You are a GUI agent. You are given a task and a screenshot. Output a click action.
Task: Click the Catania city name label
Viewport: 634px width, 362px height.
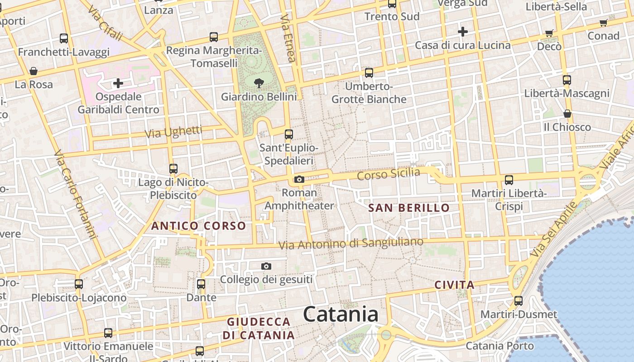point(341,314)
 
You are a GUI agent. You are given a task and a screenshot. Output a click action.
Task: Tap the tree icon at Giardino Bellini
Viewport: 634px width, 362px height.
point(259,83)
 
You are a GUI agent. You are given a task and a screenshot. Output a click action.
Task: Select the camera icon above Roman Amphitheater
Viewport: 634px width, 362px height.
point(299,180)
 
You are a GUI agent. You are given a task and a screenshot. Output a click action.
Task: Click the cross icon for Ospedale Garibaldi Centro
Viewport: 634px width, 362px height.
point(118,83)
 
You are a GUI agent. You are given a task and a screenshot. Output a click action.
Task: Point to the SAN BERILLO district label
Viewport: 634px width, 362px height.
point(409,208)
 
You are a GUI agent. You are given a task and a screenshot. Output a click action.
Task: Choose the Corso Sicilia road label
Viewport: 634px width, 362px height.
point(389,174)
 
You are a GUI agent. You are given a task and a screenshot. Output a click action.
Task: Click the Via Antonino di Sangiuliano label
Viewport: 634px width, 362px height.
point(351,243)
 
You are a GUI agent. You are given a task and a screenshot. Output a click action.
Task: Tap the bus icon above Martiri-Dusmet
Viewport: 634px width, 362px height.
point(519,300)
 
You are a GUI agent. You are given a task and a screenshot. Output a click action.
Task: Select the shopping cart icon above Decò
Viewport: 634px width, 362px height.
point(549,33)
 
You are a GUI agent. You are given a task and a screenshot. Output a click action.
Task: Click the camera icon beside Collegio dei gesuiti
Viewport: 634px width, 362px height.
point(266,266)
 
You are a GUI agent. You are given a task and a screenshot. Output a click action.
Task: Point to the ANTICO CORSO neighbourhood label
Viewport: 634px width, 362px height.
point(199,226)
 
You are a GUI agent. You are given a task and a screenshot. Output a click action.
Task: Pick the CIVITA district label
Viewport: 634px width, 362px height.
point(455,285)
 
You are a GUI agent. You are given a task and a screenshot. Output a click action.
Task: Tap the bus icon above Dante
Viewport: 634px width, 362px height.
point(201,284)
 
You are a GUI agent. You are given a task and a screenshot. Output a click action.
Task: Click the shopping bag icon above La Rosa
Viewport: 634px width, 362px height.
point(34,71)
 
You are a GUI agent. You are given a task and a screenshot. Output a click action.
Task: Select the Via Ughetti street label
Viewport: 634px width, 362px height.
point(173,132)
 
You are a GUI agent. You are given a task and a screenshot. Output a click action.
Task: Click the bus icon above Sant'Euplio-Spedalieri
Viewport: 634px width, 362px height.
point(289,134)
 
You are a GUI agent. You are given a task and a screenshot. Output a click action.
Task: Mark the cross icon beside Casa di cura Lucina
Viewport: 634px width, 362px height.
point(462,32)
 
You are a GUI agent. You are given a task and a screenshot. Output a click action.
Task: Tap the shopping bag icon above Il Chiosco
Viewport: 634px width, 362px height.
point(567,114)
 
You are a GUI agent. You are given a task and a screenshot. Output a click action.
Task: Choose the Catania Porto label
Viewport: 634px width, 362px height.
point(500,346)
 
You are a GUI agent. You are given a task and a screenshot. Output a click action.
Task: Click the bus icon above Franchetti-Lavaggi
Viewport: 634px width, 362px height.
point(64,38)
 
